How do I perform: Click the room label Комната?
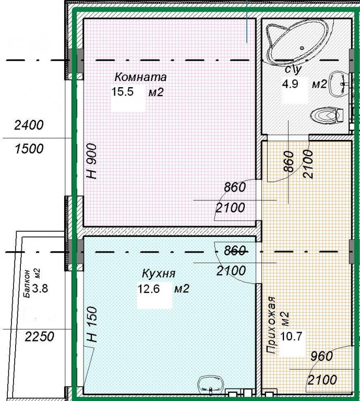140,77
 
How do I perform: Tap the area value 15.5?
123,91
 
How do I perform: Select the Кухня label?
159,274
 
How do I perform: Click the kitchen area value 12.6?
149,289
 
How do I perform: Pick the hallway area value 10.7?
291,336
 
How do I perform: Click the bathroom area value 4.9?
290,84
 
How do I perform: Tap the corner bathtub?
298,41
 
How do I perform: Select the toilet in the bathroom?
326,115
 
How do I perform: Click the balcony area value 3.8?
40,288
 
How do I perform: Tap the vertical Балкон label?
27,284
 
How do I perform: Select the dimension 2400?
29,125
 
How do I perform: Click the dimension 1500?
29,149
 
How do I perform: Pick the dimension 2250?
39,337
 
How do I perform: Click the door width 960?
322,356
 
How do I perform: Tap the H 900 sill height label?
92,161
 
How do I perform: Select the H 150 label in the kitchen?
92,325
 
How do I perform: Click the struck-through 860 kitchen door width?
235,251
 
